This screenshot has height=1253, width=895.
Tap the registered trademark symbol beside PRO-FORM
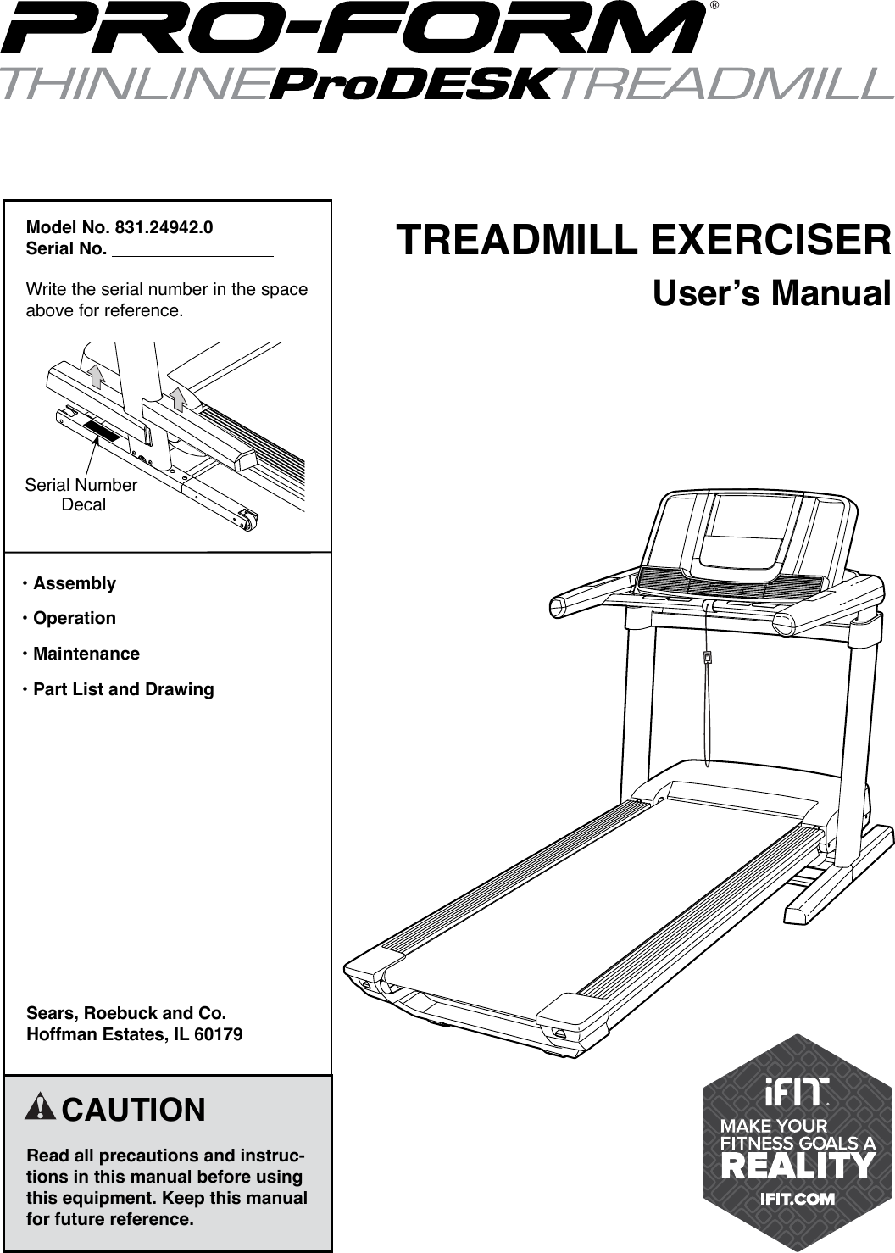tap(714, 6)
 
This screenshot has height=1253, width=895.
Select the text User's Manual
tap(771, 293)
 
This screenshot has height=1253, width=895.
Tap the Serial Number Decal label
tap(81, 495)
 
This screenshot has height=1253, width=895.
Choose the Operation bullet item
tap(74, 618)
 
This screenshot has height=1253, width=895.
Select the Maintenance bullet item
tap(86, 654)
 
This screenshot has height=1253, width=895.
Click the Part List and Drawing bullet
tap(123, 689)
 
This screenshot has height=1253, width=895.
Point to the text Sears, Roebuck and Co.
tap(127, 1013)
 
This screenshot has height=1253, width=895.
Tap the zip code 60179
tap(219, 1035)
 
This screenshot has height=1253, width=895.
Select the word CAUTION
tap(134, 1110)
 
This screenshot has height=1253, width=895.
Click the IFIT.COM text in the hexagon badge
tap(797, 1199)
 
